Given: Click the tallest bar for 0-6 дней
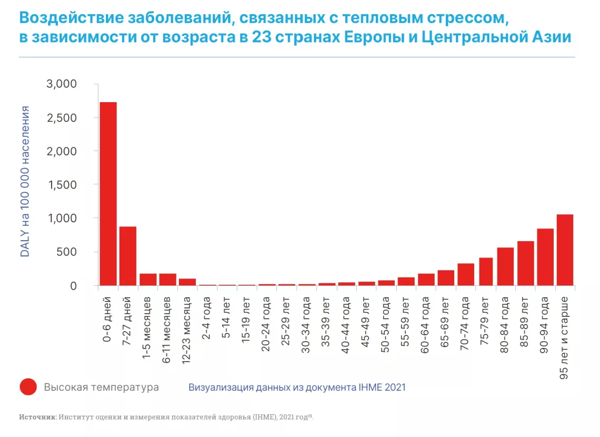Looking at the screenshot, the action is tap(108, 194).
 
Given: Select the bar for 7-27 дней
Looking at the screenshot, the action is tap(128, 256).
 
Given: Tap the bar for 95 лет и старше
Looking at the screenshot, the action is tap(565, 250).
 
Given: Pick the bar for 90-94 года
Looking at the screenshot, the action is tap(545, 257).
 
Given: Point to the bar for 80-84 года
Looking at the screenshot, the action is tap(505, 266).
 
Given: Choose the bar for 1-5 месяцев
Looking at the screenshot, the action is tap(148, 280).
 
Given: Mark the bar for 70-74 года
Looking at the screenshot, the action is tap(466, 274).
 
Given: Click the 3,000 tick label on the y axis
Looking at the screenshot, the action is tap(62, 84).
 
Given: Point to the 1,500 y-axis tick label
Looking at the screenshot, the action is tap(63, 185).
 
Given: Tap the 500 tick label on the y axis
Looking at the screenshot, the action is tap(67, 252).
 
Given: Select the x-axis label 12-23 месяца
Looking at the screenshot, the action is tap(186, 330).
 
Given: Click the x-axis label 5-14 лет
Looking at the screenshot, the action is tap(226, 317).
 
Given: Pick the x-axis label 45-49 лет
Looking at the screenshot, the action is tap(365, 322).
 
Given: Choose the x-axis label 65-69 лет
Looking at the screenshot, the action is tap(445, 322).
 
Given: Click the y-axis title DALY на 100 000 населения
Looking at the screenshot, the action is tap(25, 182).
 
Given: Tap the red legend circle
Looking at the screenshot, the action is tap(28, 387).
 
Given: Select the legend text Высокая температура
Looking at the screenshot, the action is tap(102, 388).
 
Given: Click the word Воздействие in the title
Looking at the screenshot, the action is tap(72, 17).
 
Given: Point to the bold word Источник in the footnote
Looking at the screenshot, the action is tap(37, 416).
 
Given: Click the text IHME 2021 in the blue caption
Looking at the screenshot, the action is tap(382, 388).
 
